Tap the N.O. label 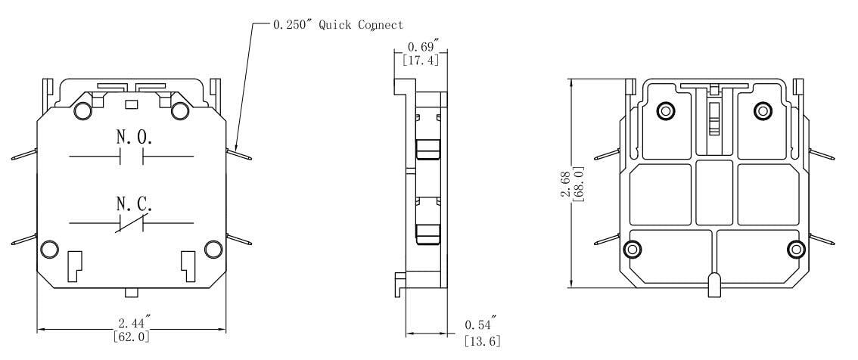pos(133,138)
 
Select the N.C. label pos(133,204)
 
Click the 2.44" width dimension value pos(131,324)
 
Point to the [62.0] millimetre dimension pos(131,337)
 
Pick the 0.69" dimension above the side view pos(417,47)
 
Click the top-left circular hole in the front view pos(83,111)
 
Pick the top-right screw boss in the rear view pos(763,111)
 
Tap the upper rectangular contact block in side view pos(427,150)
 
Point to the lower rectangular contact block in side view pos(427,233)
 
